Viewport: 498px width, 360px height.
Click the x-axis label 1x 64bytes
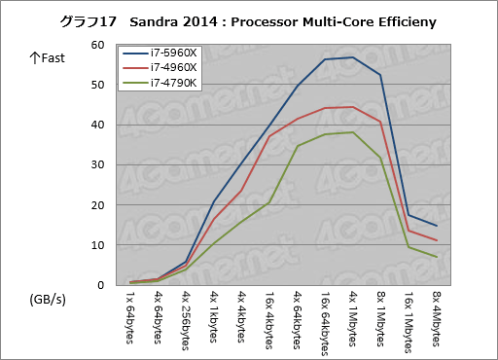point(130,317)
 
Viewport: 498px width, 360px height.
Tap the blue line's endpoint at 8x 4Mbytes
point(436,226)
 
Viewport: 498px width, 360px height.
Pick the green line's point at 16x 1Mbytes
point(409,247)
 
